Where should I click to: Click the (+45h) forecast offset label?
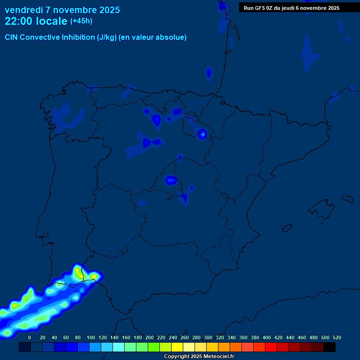81,21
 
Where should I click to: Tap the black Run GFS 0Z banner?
292,8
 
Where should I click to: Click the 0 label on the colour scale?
30,337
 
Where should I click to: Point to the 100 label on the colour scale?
91,337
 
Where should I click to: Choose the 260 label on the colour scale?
185,337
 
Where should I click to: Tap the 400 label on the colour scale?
267,337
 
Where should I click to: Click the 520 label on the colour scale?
337,337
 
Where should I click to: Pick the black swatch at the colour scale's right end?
330,347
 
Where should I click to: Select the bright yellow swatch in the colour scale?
177,347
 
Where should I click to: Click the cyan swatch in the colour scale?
119,347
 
